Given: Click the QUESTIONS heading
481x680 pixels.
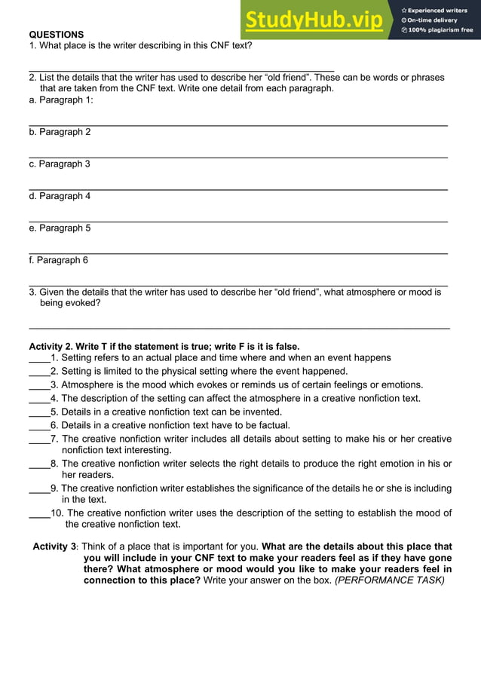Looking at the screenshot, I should point(57,35).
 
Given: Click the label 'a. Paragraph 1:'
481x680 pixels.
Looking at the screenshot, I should point(61,100).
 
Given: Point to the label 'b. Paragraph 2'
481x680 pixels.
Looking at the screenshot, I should point(60,132).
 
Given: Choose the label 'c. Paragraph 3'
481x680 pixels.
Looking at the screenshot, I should point(60,164).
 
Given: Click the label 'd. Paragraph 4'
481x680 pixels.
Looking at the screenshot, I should point(60,196).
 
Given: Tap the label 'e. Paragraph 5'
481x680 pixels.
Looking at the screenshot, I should point(60,228).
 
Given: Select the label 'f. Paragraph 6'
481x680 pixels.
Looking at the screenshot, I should point(58,260).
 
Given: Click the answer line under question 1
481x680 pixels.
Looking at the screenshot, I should point(181,69).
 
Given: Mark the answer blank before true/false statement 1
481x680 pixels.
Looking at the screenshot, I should point(38,359).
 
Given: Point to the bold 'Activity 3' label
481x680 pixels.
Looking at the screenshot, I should point(54,547).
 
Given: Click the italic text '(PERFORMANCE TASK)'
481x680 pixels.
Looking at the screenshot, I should point(390,580).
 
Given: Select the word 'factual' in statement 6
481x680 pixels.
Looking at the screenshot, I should point(274,425).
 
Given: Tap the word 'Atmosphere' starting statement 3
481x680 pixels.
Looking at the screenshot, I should point(86,384).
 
